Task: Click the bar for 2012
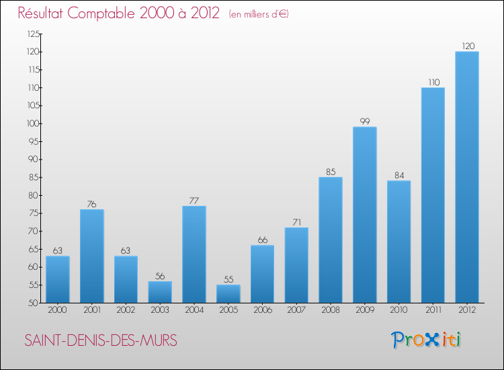coord(466,177)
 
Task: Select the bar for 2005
coord(228,294)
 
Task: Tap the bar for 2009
coord(364,215)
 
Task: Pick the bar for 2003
coord(160,292)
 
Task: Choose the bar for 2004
coord(194,254)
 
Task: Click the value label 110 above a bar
coord(433,82)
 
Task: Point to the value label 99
coord(364,122)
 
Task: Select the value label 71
coord(296,222)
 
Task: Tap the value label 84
coord(398,176)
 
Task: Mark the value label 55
coord(228,279)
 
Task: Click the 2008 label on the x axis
coord(330,309)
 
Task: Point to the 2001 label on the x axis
coord(91,309)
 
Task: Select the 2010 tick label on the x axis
coord(398,309)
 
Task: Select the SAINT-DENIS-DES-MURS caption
coord(101,341)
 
